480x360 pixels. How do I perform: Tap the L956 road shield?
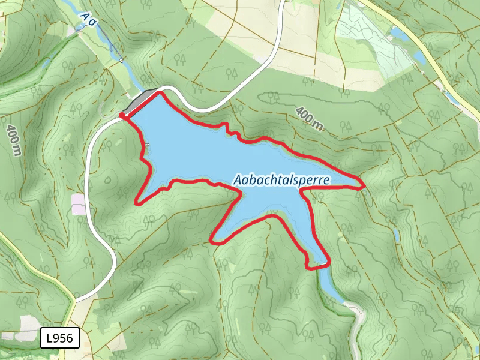point(59,338)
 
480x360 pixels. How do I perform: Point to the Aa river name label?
point(89,21)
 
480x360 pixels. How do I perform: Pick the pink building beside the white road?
point(79,203)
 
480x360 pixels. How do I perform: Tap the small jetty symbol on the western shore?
point(147,145)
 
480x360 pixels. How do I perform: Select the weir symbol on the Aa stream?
point(122,60)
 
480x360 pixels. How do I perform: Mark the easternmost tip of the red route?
point(364,187)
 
